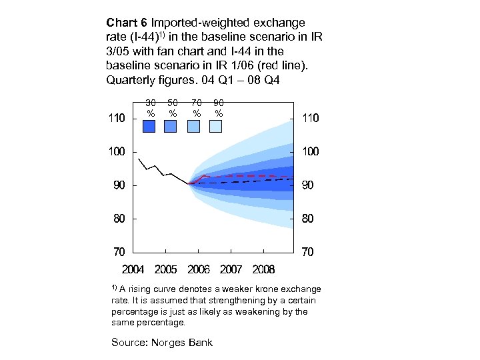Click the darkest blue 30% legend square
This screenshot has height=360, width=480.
149,127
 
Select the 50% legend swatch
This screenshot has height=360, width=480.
171,127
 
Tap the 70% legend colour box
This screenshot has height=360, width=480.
193,127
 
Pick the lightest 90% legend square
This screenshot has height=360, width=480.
216,127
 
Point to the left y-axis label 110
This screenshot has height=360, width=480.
117,118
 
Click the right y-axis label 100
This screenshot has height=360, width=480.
310,151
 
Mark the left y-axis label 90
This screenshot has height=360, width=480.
119,185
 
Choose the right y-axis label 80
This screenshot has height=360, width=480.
307,219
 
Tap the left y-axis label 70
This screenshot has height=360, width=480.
119,252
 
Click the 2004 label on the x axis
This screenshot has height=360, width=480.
133,269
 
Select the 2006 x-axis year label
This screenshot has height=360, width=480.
199,269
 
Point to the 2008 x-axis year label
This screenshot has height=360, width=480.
263,269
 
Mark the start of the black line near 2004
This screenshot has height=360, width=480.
139,159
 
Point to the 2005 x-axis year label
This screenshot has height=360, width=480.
166,269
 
